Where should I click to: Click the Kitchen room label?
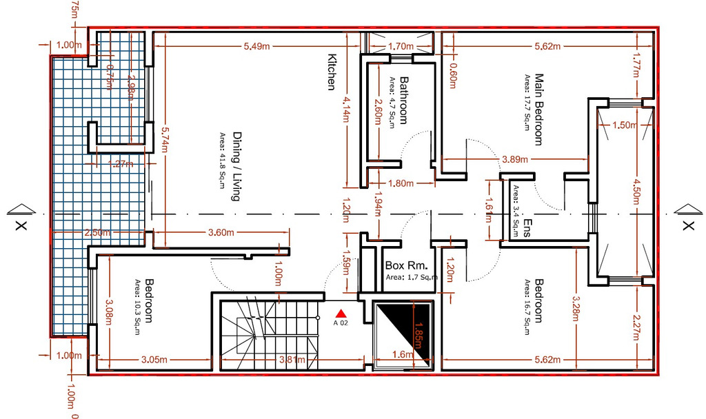pos(331,72)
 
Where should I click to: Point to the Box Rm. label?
pos(407,265)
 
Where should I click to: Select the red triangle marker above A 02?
pos(341,314)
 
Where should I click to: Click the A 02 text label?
pos(341,323)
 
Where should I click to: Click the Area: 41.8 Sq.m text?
pos(223,165)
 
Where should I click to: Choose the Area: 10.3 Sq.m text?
pos(138,303)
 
